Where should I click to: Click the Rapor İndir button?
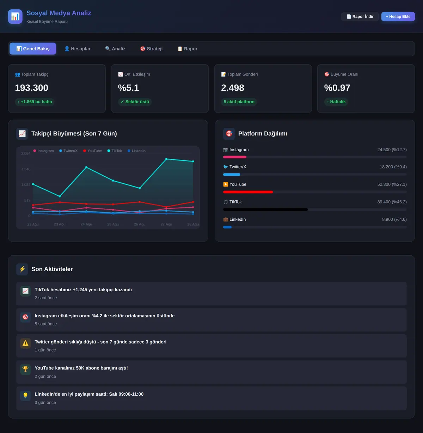(360, 17)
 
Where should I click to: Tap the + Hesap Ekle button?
(398, 17)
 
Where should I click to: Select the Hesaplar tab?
(78, 49)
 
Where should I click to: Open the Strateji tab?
(152, 49)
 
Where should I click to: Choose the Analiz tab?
(115, 49)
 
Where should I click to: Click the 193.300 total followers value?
(32, 88)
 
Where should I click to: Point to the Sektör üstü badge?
(135, 102)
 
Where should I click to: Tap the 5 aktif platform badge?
(239, 102)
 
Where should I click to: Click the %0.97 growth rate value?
(337, 88)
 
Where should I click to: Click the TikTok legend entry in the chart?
(115, 151)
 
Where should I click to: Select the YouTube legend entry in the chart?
(92, 151)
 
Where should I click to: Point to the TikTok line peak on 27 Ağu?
(166, 159)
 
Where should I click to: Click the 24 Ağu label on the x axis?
(86, 224)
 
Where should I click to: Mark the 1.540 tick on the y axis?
(26, 169)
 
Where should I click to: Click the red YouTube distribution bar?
(248, 192)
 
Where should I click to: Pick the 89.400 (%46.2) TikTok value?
(392, 202)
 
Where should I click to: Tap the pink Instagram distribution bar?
(235, 157)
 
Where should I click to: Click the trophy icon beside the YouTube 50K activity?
(25, 370)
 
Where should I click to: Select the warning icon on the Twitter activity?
(25, 343)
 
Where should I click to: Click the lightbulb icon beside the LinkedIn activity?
(25, 395)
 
